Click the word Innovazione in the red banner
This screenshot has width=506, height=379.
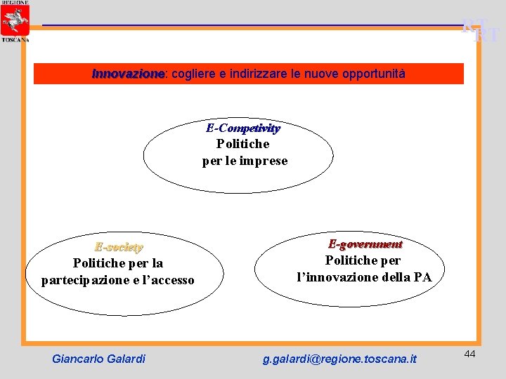click(128, 74)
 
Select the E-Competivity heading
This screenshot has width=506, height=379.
click(243, 128)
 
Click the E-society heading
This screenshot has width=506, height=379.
click(119, 247)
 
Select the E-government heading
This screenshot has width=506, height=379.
click(365, 244)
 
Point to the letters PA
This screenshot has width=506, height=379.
click(422, 277)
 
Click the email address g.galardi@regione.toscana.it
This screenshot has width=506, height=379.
click(339, 359)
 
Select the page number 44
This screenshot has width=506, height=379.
click(469, 354)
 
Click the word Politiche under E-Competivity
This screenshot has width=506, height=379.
click(242, 144)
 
